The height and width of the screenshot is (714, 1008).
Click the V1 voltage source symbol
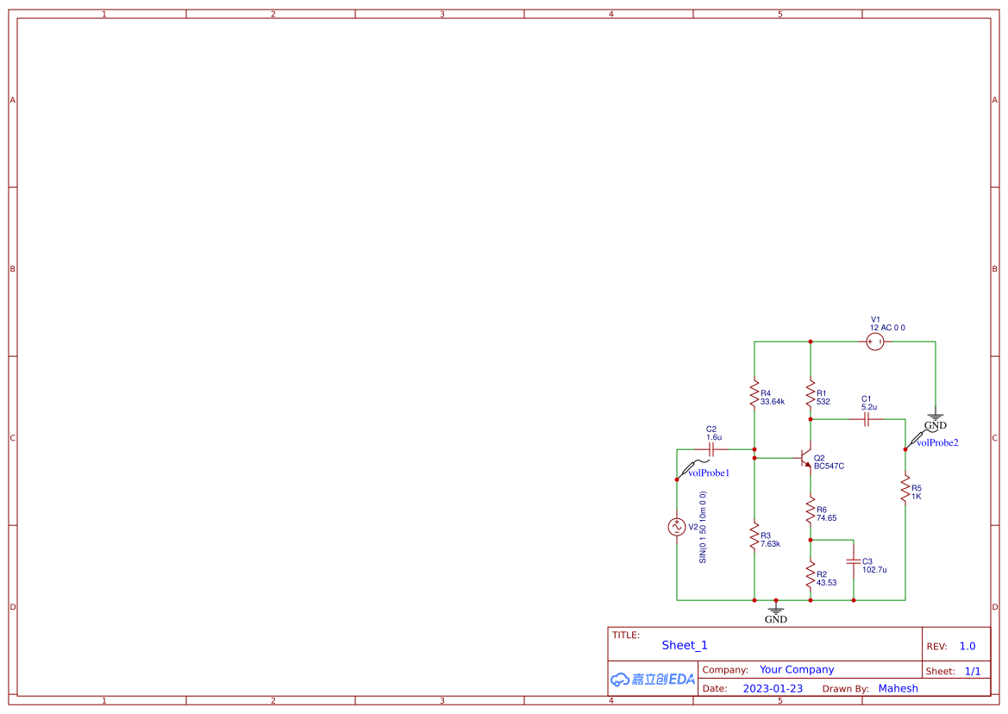(875, 342)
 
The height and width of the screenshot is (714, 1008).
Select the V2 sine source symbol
(677, 527)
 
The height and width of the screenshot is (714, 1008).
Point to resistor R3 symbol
(754, 536)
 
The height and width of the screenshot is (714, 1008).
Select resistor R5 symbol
(905, 490)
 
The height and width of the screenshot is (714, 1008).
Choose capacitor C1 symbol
(867, 420)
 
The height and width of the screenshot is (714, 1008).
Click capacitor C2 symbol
(711, 449)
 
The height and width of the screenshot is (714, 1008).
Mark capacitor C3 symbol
(854, 561)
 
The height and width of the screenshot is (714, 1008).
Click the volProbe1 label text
(709, 473)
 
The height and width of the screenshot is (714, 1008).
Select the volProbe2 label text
(937, 443)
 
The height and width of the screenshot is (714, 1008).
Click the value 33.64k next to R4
(773, 402)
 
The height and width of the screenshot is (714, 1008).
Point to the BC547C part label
(829, 467)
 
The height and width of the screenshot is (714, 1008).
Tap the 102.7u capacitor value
(874, 570)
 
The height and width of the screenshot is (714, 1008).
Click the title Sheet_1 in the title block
(685, 645)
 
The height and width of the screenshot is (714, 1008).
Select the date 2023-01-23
(773, 689)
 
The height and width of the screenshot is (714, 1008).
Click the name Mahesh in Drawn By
(898, 689)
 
